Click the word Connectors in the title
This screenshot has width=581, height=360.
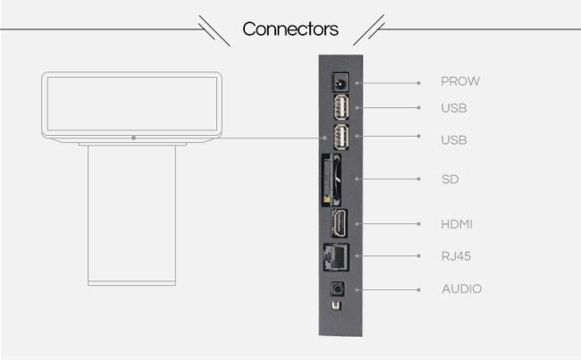(x=290, y=29)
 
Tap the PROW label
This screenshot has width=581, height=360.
(x=460, y=81)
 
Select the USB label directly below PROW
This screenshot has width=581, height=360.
(x=454, y=109)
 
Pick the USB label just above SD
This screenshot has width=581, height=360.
(x=454, y=140)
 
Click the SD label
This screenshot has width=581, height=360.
(x=450, y=180)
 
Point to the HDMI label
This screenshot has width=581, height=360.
(x=458, y=222)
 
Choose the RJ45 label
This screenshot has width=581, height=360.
(x=456, y=256)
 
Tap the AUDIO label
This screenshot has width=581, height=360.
(x=461, y=289)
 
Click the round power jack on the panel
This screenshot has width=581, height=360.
(x=340, y=81)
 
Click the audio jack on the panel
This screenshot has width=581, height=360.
(x=339, y=289)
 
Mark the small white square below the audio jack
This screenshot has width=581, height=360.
(x=336, y=306)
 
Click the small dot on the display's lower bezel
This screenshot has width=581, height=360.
(x=132, y=138)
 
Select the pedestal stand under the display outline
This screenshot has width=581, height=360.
(x=131, y=214)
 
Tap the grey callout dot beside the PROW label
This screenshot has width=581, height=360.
(x=418, y=82)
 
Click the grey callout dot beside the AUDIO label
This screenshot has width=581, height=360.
(x=418, y=289)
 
